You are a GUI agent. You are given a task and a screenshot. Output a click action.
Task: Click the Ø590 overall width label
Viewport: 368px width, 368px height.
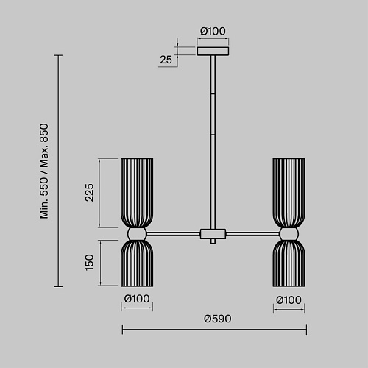[218, 319]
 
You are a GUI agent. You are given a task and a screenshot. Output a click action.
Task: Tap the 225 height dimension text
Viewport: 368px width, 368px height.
[89, 193]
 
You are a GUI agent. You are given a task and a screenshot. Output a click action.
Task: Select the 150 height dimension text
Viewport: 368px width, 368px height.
[89, 263]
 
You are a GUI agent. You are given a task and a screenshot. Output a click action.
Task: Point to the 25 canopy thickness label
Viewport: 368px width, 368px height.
[166, 60]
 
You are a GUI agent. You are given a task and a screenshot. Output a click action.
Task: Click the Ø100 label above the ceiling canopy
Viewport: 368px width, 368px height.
[213, 31]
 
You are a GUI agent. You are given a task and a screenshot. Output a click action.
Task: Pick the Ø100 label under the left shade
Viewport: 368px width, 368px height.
[137, 299]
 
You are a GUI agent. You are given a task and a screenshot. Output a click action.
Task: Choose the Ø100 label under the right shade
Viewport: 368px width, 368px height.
[289, 300]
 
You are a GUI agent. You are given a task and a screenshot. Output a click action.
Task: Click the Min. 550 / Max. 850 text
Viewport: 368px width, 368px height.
[44, 171]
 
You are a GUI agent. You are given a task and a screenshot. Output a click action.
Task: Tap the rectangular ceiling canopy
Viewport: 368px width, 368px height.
[213, 51]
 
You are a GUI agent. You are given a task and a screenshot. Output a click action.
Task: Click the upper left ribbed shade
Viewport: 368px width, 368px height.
[137, 193]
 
